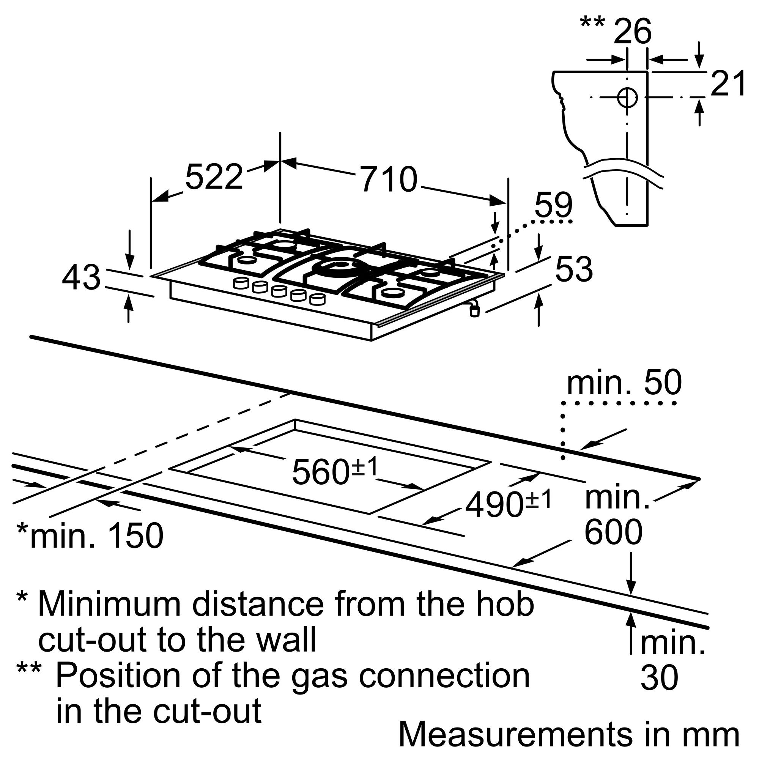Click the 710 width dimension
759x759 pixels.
[388, 180]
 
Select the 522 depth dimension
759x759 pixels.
[214, 177]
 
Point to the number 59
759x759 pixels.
[554, 205]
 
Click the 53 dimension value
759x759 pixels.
[573, 269]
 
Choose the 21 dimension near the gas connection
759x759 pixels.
[728, 83]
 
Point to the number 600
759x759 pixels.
[613, 532]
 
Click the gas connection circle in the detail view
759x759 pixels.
[627, 97]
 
